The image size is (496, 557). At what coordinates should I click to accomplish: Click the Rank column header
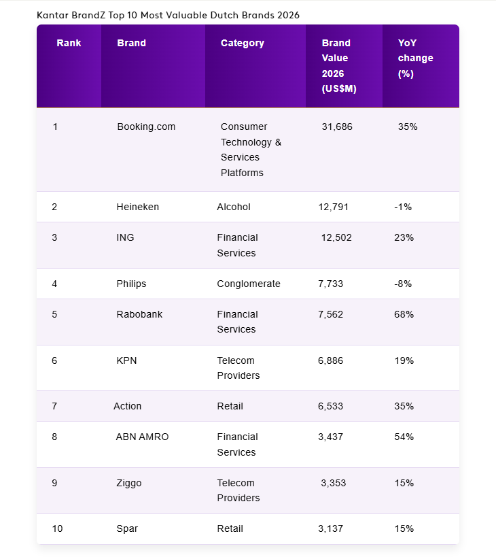point(69,43)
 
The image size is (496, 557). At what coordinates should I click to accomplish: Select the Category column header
point(242,43)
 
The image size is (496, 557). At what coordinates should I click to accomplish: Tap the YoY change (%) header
point(415,58)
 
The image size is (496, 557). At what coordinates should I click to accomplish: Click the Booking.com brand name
point(146,126)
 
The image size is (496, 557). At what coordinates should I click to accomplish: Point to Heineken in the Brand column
point(137,207)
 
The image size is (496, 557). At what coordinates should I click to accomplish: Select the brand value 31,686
point(337,126)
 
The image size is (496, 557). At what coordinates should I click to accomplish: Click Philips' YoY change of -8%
point(403,284)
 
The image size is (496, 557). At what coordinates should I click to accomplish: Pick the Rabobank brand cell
point(139,314)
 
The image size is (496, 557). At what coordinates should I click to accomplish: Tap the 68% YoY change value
point(404,314)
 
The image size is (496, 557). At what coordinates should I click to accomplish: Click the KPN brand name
point(126,360)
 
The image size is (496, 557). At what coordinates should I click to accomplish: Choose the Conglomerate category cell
point(248,284)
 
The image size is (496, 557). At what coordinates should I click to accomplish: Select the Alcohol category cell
point(233,207)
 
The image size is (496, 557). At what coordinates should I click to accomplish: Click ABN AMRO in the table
point(142,437)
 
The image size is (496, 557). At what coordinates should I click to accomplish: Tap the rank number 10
point(57,528)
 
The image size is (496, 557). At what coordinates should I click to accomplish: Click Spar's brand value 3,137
point(330,528)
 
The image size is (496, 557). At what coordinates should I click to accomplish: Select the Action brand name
point(127,406)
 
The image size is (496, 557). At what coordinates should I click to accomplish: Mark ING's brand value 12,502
point(336,237)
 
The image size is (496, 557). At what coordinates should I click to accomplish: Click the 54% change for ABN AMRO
point(404,437)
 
